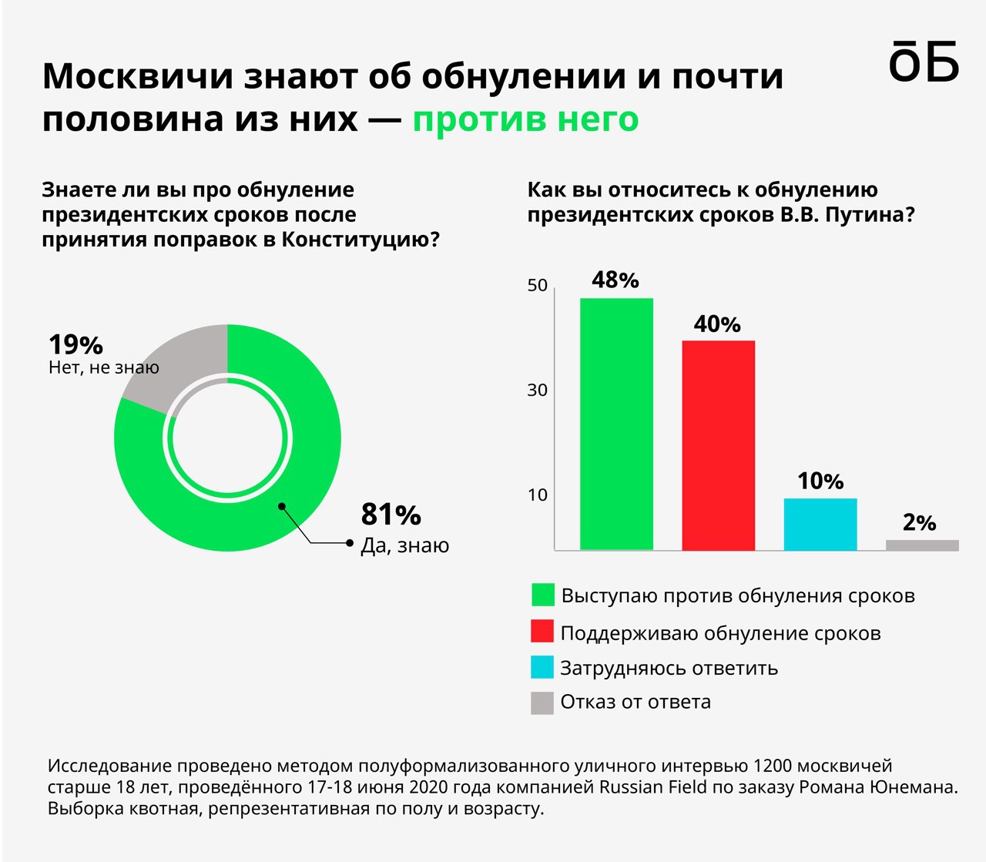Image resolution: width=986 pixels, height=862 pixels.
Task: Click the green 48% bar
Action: [616, 424]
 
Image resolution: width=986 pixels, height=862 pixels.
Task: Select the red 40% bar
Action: [718, 445]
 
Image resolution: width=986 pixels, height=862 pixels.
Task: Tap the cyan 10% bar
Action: [820, 524]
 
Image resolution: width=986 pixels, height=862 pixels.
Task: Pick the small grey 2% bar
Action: [922, 545]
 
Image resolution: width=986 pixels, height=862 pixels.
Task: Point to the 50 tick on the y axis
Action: [538, 286]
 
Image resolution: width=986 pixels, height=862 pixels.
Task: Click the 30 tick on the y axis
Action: [538, 391]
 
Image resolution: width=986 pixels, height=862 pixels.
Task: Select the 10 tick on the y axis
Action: [538, 495]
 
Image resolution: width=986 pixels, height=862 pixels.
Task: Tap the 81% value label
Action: [391, 515]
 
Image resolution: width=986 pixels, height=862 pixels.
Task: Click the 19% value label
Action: [75, 344]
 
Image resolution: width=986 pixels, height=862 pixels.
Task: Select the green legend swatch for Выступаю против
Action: [542, 595]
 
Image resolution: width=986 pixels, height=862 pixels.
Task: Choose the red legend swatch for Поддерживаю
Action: [542, 632]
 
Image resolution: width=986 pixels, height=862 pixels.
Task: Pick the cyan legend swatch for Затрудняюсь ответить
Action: [542, 667]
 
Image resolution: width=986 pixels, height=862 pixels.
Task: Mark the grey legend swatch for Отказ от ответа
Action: [542, 703]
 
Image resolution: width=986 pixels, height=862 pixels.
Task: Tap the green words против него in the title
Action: [525, 119]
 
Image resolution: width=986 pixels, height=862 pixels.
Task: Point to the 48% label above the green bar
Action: [615, 280]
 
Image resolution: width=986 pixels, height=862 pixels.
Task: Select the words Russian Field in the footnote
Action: [646, 787]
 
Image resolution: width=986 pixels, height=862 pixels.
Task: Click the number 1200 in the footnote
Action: [773, 766]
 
